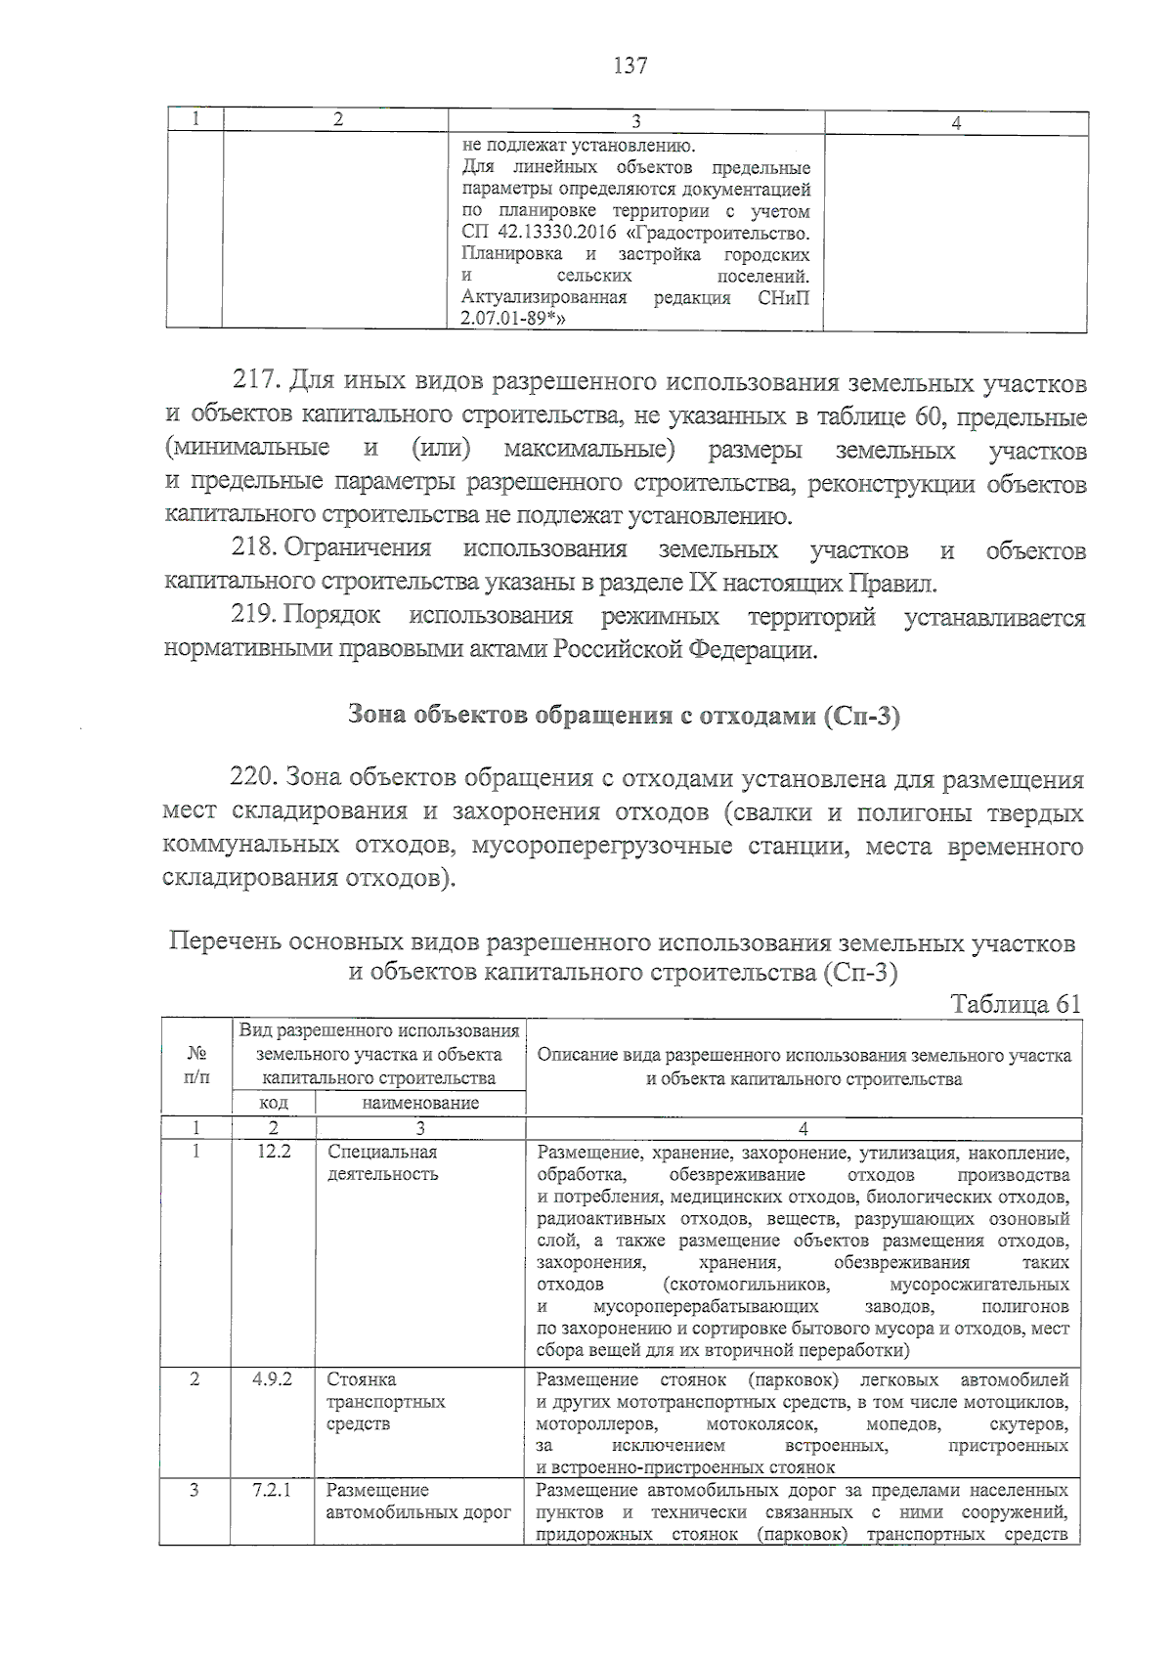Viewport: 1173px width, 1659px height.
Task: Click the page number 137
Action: [x=630, y=65]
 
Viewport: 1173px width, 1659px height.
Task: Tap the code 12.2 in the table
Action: [x=274, y=1152]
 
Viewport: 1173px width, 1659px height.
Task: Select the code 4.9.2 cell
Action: [x=274, y=1379]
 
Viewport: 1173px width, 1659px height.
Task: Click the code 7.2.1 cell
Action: [x=274, y=1490]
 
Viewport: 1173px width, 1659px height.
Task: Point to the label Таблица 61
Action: [x=1016, y=1004]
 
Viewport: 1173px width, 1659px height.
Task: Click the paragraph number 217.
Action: [x=256, y=382]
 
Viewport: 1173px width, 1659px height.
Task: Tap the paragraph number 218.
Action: [x=256, y=550]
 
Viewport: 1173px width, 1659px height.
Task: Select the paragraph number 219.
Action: [x=256, y=617]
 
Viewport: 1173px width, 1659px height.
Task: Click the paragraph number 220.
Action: [x=256, y=778]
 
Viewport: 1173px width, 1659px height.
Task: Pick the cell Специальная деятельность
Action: [x=382, y=1162]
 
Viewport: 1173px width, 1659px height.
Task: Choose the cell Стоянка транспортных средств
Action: [x=385, y=1401]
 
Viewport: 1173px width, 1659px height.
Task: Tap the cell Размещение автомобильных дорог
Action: [x=418, y=1502]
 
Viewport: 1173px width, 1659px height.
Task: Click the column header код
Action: [x=274, y=1103]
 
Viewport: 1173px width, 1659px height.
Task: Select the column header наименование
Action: [x=420, y=1103]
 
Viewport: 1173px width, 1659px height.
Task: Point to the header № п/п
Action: [x=195, y=1066]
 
